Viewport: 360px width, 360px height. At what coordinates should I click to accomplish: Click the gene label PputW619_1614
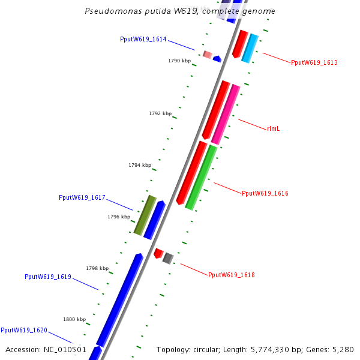coord(143,39)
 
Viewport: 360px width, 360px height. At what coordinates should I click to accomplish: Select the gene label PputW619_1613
coord(314,62)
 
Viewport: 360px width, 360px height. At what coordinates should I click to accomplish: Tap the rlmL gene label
coord(274,128)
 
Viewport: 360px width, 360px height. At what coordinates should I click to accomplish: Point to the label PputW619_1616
coord(265,194)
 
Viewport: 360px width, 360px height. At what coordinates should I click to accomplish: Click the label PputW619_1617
coord(82,197)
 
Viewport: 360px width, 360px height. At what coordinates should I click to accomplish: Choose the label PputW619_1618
coord(231,275)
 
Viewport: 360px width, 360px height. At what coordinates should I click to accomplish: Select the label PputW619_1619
coord(48,277)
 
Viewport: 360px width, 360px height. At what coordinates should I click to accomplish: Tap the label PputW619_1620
coord(24,330)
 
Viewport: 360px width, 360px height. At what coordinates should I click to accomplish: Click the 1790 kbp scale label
coord(179,61)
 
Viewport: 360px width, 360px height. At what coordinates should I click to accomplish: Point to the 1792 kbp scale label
coord(160,113)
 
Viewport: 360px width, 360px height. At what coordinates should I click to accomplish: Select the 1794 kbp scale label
coord(140,165)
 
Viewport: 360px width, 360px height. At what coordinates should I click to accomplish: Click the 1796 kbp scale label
coord(119,217)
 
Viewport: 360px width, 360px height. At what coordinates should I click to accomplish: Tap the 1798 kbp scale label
coord(97,268)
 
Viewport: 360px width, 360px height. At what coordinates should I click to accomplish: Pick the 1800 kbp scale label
coord(74,319)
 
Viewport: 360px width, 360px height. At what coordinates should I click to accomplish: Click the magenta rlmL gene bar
coord(226,114)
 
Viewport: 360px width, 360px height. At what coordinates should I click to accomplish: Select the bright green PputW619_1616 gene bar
coord(201,178)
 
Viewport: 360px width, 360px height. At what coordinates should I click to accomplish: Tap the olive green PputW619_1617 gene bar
coord(145,215)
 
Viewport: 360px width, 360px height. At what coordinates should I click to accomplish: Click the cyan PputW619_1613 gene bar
coord(250,48)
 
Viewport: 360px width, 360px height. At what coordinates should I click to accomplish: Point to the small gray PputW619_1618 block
coord(168,258)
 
